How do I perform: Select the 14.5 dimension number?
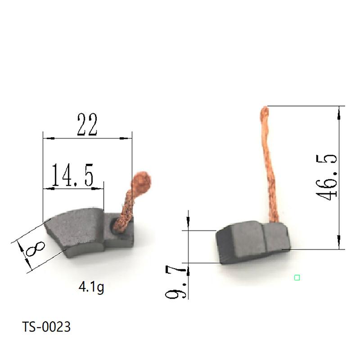coord(72,175)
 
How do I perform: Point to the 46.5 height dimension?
coord(326,177)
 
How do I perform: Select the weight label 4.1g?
coord(91,287)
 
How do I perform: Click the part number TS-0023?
coord(46,327)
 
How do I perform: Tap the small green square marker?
coord(297,278)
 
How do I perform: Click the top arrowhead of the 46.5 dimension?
coord(339,109)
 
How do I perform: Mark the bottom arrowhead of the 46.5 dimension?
coord(339,246)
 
